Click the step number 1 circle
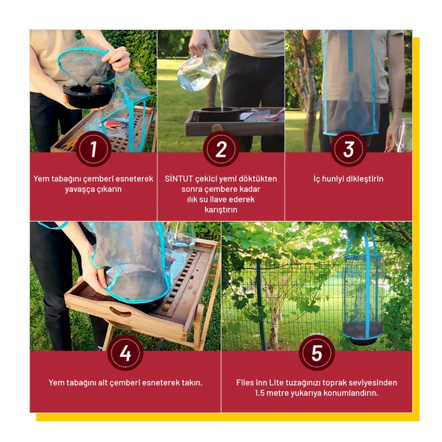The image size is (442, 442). pyautogui.click(x=93, y=149)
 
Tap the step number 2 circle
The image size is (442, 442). pyautogui.click(x=221, y=149)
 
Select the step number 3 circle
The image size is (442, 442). pyautogui.click(x=349, y=149)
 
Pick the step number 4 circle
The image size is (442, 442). pyautogui.click(x=125, y=353)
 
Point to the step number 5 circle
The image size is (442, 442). pyautogui.click(x=317, y=353)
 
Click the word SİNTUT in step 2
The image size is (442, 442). pyautogui.click(x=178, y=178)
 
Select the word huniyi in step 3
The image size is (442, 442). pyautogui.click(x=334, y=178)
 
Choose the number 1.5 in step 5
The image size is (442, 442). pyautogui.click(x=259, y=393)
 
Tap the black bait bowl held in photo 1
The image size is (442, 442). pyautogui.click(x=88, y=96)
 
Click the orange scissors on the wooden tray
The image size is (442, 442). pyautogui.click(x=70, y=144)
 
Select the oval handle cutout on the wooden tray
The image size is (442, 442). pyautogui.click(x=120, y=312)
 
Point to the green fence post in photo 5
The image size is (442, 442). pyautogui.click(x=261, y=305)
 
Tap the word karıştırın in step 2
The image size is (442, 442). pyautogui.click(x=221, y=210)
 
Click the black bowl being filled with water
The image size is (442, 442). pyautogui.click(x=220, y=114)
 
